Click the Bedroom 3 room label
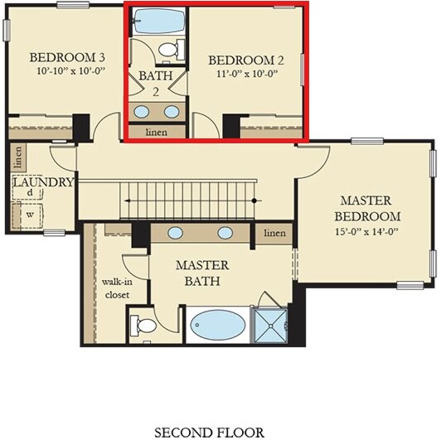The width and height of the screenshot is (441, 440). (67, 57)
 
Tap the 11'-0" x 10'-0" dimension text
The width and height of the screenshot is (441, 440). (247, 74)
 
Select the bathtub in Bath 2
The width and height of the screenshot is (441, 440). (159, 21)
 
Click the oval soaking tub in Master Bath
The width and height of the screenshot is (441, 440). (218, 325)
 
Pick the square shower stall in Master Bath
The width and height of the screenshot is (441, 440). (270, 326)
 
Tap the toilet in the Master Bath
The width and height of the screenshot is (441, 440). (143, 326)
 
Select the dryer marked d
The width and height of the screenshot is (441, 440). (27, 192)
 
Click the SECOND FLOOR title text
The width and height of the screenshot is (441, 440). (210, 432)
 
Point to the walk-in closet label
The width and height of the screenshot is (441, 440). (117, 288)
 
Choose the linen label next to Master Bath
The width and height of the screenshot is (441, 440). (274, 233)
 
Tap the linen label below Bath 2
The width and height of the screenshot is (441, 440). (157, 132)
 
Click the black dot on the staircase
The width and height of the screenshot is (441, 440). (254, 201)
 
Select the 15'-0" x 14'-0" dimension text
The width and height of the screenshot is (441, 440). (367, 232)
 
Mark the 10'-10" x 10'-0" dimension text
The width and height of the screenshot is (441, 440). (71, 71)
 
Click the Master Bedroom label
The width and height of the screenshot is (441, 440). (367, 208)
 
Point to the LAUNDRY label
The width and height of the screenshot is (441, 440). (44, 182)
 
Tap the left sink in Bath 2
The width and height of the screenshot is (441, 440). (142, 112)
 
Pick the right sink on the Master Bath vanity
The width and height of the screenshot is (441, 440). (225, 233)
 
